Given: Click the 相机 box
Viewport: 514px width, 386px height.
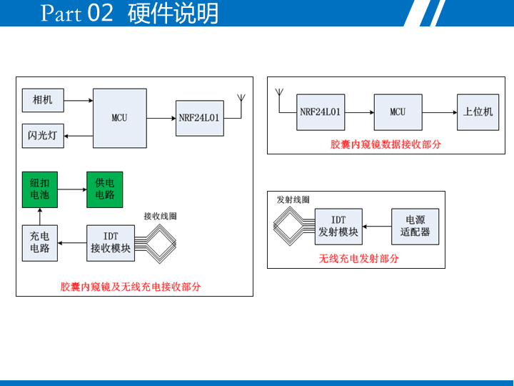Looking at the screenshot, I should click(x=42, y=99).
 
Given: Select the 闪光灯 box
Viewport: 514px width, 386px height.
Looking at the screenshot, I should click(x=42, y=136).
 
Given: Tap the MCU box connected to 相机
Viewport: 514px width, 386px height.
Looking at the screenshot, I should click(x=119, y=118).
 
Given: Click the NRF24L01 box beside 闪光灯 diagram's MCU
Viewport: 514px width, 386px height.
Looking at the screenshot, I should click(x=199, y=118).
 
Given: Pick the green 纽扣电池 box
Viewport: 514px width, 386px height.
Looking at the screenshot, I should click(x=40, y=189).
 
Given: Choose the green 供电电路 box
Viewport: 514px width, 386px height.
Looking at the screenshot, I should click(x=104, y=189).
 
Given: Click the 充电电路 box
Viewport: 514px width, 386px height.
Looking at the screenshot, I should click(x=40, y=242).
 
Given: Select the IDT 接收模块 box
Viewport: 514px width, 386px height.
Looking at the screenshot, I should click(x=111, y=242).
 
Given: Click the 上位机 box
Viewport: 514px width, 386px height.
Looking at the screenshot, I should click(x=478, y=112).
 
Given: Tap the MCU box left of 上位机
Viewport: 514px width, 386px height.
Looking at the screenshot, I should click(x=398, y=112).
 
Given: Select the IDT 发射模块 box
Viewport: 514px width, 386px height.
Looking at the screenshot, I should click(x=338, y=226).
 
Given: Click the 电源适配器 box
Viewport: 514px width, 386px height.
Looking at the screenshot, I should click(x=415, y=226).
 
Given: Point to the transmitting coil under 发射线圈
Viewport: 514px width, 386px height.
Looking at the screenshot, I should click(x=290, y=227).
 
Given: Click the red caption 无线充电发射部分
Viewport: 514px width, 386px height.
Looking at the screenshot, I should click(x=358, y=259).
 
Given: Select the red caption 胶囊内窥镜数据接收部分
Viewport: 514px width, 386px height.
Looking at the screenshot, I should click(x=385, y=144).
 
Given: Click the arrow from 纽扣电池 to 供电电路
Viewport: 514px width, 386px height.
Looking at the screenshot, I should click(x=72, y=189).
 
